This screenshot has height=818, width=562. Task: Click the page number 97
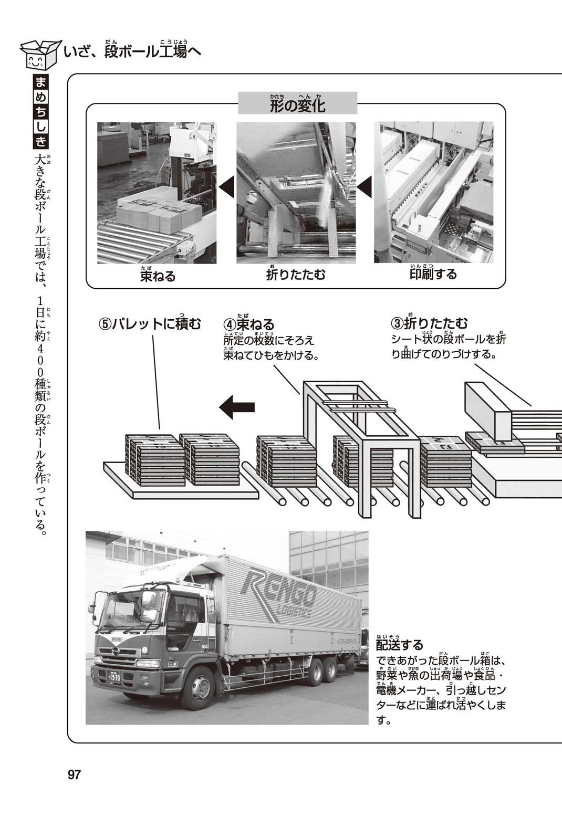coord(74,774)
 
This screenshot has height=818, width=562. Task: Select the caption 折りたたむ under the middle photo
coord(296,275)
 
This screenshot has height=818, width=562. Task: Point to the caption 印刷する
coord(433,274)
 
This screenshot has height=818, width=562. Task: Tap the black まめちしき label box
coord(41,112)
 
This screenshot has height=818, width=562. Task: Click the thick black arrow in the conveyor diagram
coord(237,407)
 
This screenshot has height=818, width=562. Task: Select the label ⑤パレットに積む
coord(150,324)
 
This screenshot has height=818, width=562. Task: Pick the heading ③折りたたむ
coord(430,323)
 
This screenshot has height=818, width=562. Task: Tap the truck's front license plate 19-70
coord(115,678)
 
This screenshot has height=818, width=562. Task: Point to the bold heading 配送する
coord(399,644)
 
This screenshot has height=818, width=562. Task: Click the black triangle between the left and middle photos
coord(226,187)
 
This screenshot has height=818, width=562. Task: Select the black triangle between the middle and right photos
coord(365,187)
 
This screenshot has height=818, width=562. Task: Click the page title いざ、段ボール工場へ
coord(132,52)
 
